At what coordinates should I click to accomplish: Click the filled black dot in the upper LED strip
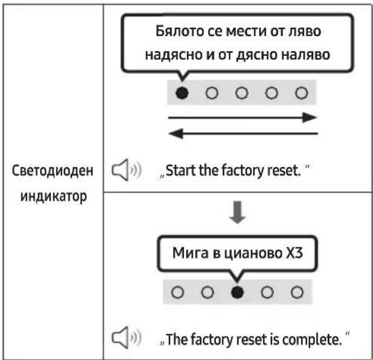182,92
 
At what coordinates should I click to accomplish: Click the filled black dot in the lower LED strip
237,292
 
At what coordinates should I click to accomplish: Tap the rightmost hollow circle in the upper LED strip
302,92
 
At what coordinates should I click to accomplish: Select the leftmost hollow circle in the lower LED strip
177,292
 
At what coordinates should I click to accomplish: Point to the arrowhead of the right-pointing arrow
310,118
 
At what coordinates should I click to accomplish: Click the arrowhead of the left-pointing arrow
176,134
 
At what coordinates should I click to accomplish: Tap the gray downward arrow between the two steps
237,212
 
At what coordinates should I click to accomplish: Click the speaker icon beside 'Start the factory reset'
126,169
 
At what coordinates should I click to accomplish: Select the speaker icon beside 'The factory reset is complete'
126,337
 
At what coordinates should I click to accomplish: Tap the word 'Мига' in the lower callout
190,253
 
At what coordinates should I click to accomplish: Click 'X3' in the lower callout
294,253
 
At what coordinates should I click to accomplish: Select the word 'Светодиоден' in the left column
52,171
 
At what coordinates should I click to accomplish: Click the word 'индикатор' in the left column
54,197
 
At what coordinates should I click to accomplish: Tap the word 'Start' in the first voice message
181,171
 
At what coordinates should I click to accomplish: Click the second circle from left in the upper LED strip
212,92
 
